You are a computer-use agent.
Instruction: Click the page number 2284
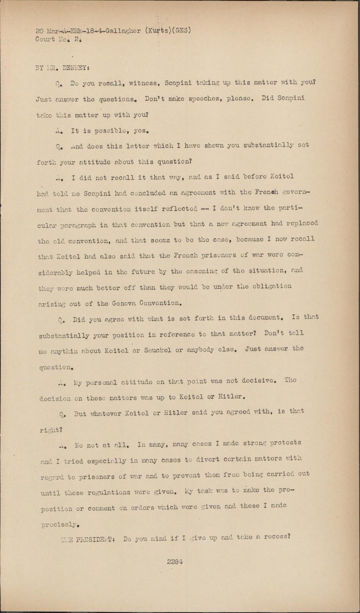(174, 562)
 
